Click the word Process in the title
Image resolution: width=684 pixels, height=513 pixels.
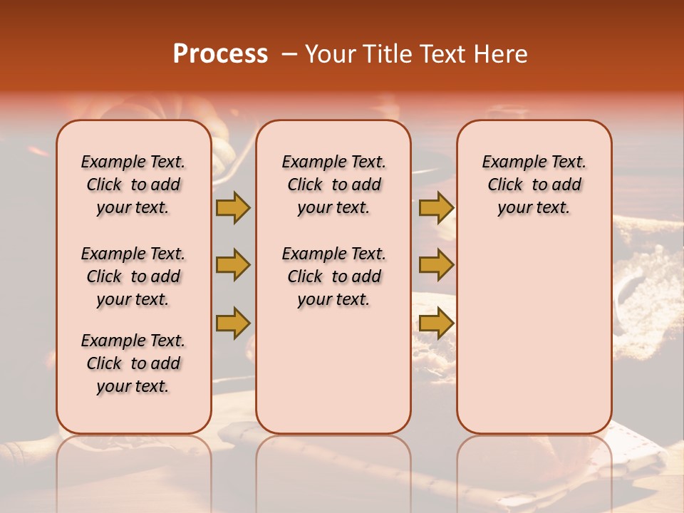tap(220, 54)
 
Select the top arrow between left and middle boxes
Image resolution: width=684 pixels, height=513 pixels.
tap(233, 207)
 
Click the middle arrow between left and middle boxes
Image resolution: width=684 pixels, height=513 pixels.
tap(233, 265)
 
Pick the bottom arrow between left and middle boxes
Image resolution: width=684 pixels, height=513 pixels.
tap(233, 323)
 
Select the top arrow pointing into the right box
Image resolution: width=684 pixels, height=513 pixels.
tap(436, 207)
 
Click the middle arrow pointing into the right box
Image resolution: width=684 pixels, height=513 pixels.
tap(436, 265)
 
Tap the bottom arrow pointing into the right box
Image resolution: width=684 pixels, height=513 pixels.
tap(436, 323)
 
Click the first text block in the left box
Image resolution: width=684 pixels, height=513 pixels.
tap(133, 185)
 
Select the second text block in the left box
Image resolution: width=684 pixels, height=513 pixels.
tap(133, 276)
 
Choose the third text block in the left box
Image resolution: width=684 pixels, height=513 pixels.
tap(133, 363)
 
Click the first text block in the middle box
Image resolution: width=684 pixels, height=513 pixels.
tap(333, 185)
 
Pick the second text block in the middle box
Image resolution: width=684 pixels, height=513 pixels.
tap(333, 276)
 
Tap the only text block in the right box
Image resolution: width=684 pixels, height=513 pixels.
tap(534, 185)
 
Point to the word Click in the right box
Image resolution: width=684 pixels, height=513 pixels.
tap(505, 185)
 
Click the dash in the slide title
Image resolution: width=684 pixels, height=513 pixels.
tap(289, 54)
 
